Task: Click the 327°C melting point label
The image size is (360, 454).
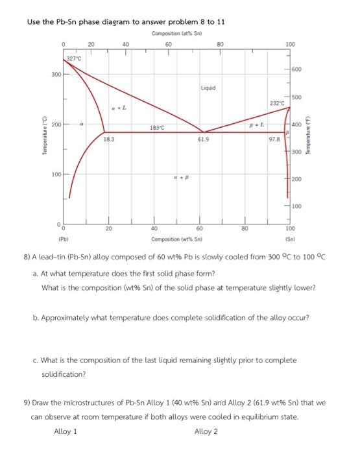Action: coord(74,59)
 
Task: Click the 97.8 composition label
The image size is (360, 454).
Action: coord(274,139)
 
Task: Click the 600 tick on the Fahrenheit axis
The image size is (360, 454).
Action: coord(296,70)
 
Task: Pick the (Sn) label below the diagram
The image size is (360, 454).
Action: coord(289,239)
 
